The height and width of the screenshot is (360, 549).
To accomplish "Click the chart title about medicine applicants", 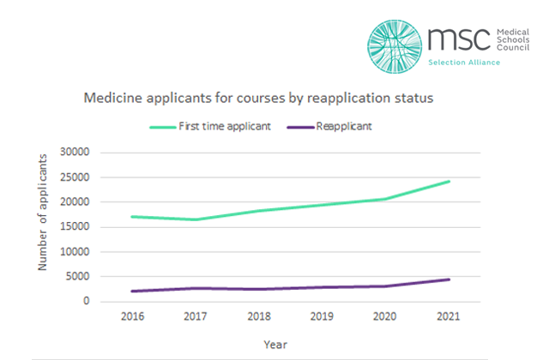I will coord(258,99).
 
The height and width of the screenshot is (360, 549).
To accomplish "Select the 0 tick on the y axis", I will coord(87,302).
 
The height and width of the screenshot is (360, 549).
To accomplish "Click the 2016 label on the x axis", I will coord(132,317).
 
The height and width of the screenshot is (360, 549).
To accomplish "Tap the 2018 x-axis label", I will coord(258,317).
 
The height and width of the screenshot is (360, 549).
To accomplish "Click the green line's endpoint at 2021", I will coord(449,181).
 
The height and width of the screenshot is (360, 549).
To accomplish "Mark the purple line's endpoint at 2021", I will coord(449,279).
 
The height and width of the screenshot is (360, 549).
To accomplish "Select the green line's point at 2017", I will coord(196,219).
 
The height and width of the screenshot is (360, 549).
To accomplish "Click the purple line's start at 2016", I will coord(132,291).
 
